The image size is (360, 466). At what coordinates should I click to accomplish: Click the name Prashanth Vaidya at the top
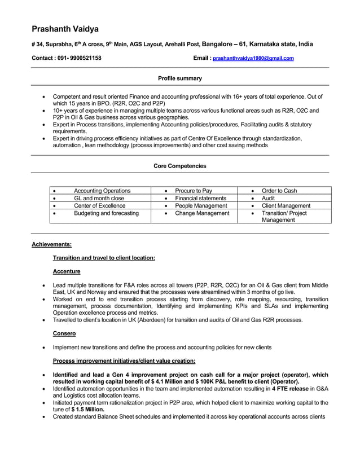pos(65,29)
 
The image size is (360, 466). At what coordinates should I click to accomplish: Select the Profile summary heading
pos(179,78)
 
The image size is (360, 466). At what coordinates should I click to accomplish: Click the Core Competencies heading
pos(179,166)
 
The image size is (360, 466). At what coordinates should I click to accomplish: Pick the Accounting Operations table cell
pos(102,191)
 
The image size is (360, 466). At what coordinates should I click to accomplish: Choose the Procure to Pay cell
pos(194,191)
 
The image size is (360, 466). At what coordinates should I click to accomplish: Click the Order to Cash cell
pos(279,191)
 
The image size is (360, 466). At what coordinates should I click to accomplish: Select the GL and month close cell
pos(99,198)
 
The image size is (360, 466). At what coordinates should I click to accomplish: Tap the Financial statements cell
pos(200,198)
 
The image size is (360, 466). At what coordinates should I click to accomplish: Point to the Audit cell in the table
pos(268,198)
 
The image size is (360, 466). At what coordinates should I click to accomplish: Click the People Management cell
pos(201,206)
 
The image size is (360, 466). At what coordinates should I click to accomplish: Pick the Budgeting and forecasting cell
pos(106,213)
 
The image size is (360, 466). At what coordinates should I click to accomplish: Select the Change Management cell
pos(202,213)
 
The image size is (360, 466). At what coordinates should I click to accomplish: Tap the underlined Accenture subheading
pos(67,271)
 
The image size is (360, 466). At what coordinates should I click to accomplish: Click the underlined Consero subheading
pos(64,333)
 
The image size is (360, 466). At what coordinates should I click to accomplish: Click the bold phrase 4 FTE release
pos(290,389)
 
